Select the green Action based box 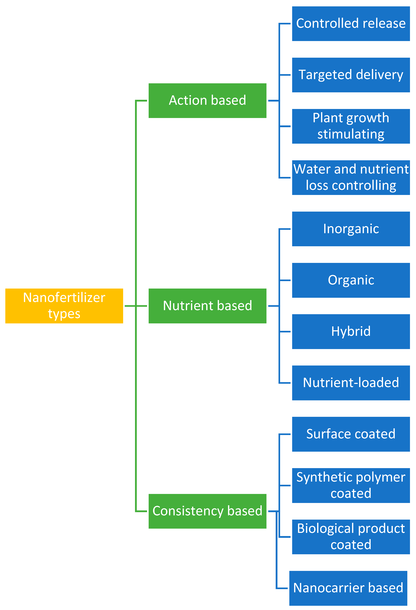pyautogui.click(x=207, y=100)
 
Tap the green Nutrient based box pyautogui.click(x=207, y=306)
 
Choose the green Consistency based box pyautogui.click(x=207, y=511)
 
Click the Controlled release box pyautogui.click(x=351, y=24)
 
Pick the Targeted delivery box pyautogui.click(x=351, y=75)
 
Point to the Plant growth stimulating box pyautogui.click(x=351, y=126)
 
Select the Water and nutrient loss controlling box pyautogui.click(x=351, y=177)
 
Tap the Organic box pyautogui.click(x=351, y=280)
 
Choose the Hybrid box pyautogui.click(x=351, y=332)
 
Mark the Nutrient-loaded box pyautogui.click(x=351, y=383)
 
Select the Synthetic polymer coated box pyautogui.click(x=351, y=485)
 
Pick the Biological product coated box pyautogui.click(x=351, y=537)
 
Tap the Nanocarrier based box pyautogui.click(x=348, y=588)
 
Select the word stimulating pyautogui.click(x=351, y=134)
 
